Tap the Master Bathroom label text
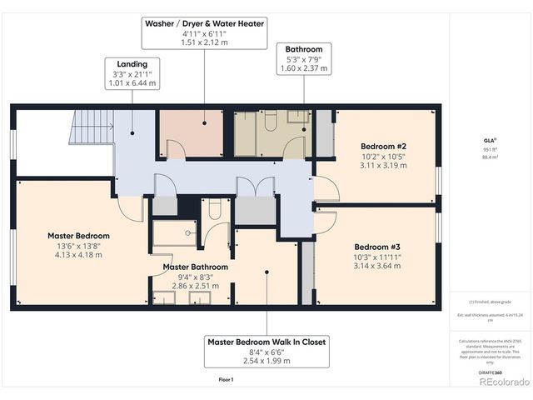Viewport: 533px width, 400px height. tap(193, 267)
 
